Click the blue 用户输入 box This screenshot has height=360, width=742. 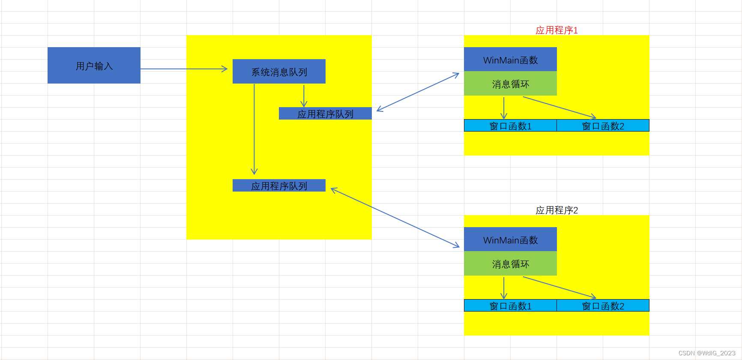(x=94, y=66)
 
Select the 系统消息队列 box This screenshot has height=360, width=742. (x=279, y=72)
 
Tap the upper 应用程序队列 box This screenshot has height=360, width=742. (x=325, y=114)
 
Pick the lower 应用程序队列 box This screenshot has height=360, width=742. (x=279, y=186)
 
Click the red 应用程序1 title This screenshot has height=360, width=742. (x=556, y=30)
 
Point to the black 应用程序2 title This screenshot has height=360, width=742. (x=556, y=210)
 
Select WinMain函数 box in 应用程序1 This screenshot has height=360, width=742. (x=510, y=60)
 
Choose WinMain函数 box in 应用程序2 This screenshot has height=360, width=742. (x=510, y=240)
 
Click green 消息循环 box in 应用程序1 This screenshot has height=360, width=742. (x=510, y=84)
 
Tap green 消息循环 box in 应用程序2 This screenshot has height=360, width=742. (x=510, y=264)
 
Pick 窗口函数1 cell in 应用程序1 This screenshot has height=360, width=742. (x=510, y=126)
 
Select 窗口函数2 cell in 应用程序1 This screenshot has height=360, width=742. (x=603, y=126)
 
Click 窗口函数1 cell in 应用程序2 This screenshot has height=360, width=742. (x=510, y=306)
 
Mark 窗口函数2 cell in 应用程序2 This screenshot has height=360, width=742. (x=603, y=306)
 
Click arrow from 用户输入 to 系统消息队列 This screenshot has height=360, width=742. (x=184, y=69)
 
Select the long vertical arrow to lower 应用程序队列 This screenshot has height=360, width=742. (x=254, y=129)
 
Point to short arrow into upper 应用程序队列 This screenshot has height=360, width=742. (x=304, y=96)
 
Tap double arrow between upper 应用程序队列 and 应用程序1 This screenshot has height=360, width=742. (x=418, y=92)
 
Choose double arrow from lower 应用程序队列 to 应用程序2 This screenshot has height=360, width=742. (x=395, y=217)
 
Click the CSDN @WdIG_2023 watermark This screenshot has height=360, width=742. (x=707, y=353)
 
